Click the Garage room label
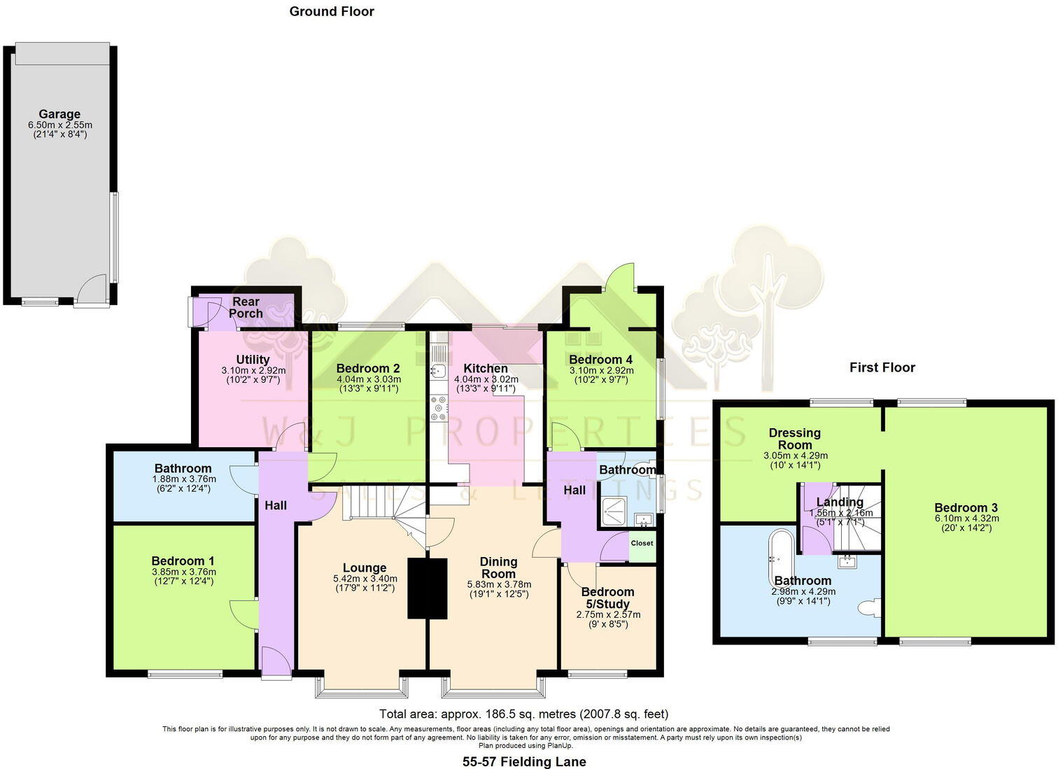59,114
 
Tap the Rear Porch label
246,308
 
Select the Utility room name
253,360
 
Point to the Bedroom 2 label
368,369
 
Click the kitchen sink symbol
438,369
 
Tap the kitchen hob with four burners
439,408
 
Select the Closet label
642,543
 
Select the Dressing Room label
795,439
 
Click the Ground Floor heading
332,11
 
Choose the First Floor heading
882,367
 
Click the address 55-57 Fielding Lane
524,762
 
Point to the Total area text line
523,714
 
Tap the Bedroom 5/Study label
607,598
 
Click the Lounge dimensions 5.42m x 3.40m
365,579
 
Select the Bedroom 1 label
183,561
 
